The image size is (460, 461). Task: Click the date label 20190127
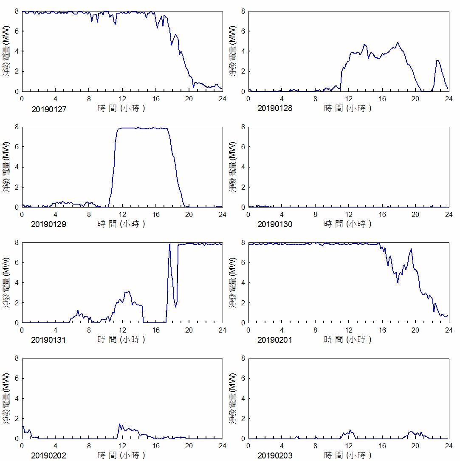[49, 109]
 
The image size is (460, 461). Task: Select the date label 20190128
[275, 108]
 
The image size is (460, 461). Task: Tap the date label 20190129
[49, 224]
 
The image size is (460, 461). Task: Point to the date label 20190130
[275, 224]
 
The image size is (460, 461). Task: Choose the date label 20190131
[49, 340]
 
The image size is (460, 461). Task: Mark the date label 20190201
[275, 340]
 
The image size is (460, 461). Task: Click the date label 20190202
[49, 456]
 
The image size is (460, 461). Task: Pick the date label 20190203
[275, 456]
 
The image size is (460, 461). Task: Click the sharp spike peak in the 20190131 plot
[169, 244]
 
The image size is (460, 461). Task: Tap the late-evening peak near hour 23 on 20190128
[437, 60]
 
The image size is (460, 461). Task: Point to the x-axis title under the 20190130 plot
[348, 224]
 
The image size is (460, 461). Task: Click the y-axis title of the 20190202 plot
[6, 398]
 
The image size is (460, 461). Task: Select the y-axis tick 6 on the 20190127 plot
[17, 31]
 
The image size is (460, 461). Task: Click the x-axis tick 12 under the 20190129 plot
[122, 214]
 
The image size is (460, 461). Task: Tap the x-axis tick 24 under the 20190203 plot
[449, 446]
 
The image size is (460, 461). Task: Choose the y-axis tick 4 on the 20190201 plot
[243, 283]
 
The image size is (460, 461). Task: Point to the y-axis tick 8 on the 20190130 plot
[243, 127]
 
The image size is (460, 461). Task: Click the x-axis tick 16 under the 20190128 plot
[382, 99]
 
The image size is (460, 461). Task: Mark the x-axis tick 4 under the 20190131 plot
[56, 330]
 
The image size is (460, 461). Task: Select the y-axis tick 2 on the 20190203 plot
[243, 418]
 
